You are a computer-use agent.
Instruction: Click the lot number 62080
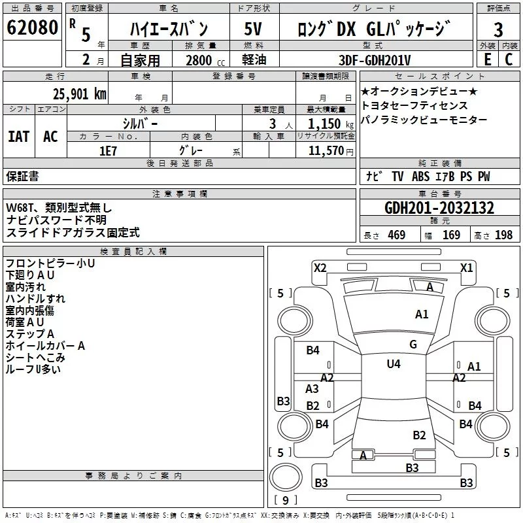point(32,27)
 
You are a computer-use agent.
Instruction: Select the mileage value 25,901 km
point(80,94)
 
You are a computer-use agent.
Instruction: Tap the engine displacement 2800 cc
point(205,60)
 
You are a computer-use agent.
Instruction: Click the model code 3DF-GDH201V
point(375,60)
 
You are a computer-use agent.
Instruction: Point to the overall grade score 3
point(498,30)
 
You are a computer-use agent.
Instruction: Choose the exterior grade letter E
point(487,59)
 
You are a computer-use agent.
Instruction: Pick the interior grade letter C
point(509,59)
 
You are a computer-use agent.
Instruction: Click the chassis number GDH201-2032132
point(439,208)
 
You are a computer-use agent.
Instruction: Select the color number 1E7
point(108,151)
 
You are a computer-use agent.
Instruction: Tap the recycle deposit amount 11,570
point(326,151)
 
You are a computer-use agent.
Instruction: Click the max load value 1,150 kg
point(331,124)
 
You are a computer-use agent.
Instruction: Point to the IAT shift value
point(19,137)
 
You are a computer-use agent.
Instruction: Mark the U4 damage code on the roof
point(394,364)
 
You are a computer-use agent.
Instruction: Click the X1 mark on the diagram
point(466,268)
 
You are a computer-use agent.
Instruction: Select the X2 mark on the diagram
point(320,268)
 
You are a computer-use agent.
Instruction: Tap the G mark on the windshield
point(413,345)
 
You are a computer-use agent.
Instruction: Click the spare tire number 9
point(285,500)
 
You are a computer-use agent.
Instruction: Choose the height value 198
point(503,235)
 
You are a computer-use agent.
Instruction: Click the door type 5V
point(253,29)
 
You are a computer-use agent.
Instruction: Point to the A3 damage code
point(312,389)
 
